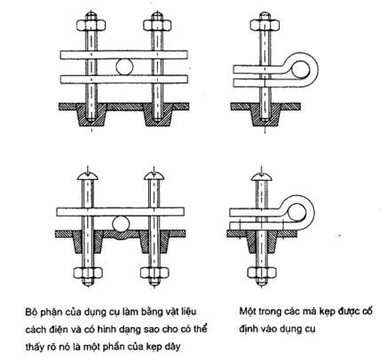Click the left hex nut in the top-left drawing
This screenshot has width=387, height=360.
click(91, 25)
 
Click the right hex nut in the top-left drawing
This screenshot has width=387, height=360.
click(157, 25)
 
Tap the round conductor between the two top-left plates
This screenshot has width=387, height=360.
click(124, 67)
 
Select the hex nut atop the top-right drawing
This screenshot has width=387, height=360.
click(265, 25)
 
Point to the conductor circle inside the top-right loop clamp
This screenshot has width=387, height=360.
click(301, 70)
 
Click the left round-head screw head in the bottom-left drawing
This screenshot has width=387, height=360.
click(88, 176)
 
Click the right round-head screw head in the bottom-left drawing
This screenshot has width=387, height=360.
click(154, 176)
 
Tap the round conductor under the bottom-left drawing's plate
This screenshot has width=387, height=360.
click(122, 223)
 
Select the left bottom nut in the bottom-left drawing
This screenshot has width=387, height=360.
click(88, 273)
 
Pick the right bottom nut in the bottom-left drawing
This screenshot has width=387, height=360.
click(154, 273)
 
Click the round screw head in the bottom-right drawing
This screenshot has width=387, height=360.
click(261, 176)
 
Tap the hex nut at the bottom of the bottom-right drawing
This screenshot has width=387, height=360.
click(262, 273)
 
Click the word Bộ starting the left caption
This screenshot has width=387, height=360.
click(30, 313)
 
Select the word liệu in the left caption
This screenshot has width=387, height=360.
click(188, 312)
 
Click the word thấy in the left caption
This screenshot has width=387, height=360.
click(35, 346)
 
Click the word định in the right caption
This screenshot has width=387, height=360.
click(249, 329)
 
